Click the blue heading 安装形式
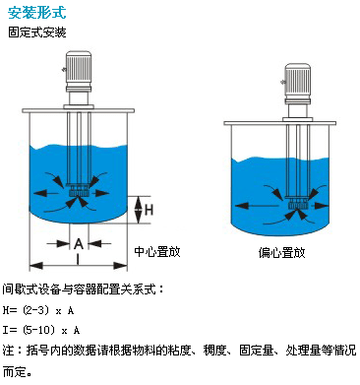click(x=37, y=13)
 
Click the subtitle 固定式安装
click(x=37, y=32)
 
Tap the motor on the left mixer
click(x=79, y=71)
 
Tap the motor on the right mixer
click(x=297, y=82)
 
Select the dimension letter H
click(x=150, y=209)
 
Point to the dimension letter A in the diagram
click(x=79, y=243)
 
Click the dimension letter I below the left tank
click(x=78, y=259)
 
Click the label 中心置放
click(x=157, y=252)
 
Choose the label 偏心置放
click(x=281, y=252)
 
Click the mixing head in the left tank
click(x=79, y=190)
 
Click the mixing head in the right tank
click(x=297, y=204)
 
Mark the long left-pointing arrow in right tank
click(x=257, y=206)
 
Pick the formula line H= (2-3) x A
click(x=38, y=310)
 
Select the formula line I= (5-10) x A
click(x=41, y=330)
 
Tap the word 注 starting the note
click(x=9, y=351)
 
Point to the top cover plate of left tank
click(x=79, y=110)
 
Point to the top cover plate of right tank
click(x=280, y=123)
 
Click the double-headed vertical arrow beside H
click(x=140, y=210)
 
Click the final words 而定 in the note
click(x=14, y=372)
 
